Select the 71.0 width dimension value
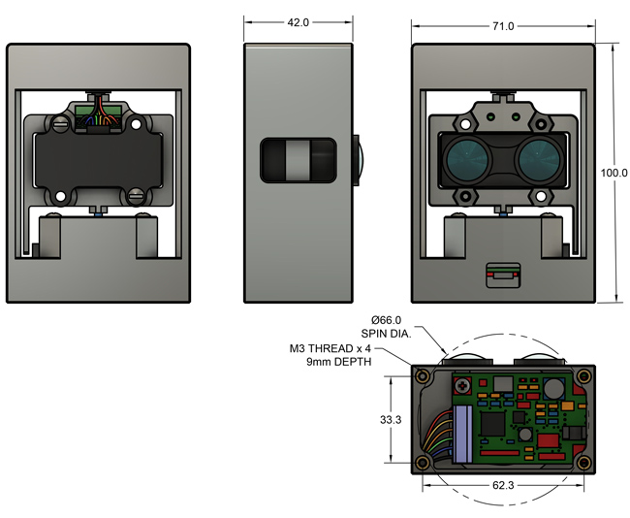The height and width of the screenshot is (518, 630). [x=502, y=26]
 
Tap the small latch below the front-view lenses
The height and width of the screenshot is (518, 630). [x=501, y=275]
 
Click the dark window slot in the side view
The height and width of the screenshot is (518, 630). [x=299, y=160]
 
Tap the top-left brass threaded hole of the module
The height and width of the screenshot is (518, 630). [x=422, y=373]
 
